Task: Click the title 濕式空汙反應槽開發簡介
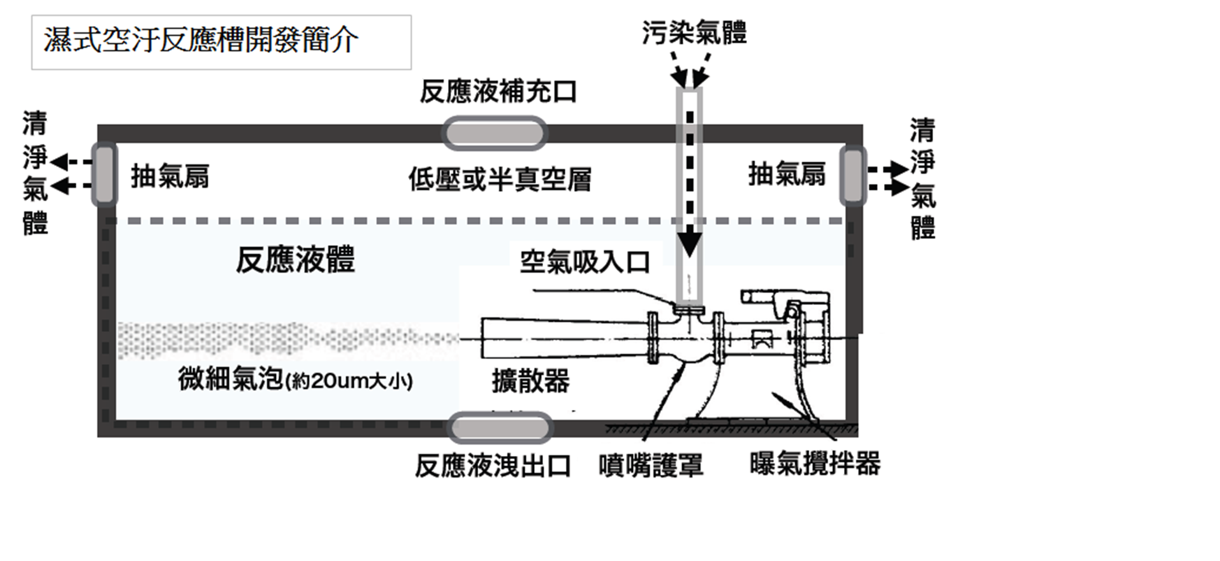(x=201, y=41)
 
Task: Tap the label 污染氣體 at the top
(x=694, y=32)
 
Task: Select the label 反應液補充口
(x=498, y=92)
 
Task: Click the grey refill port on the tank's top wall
(x=495, y=134)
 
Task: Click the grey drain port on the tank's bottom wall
(x=500, y=429)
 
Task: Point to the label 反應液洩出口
(x=493, y=466)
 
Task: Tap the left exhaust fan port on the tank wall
(x=105, y=174)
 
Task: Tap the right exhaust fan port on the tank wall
(x=853, y=176)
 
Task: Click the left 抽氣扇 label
(x=170, y=176)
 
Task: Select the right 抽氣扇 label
(x=787, y=174)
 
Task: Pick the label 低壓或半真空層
(x=500, y=180)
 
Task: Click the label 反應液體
(x=295, y=260)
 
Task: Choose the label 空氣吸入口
(x=585, y=262)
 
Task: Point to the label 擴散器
(x=530, y=381)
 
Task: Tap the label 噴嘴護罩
(x=651, y=465)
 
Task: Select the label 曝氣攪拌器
(x=815, y=464)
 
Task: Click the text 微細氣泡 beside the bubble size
(x=231, y=379)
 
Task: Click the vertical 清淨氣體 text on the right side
(x=922, y=179)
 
